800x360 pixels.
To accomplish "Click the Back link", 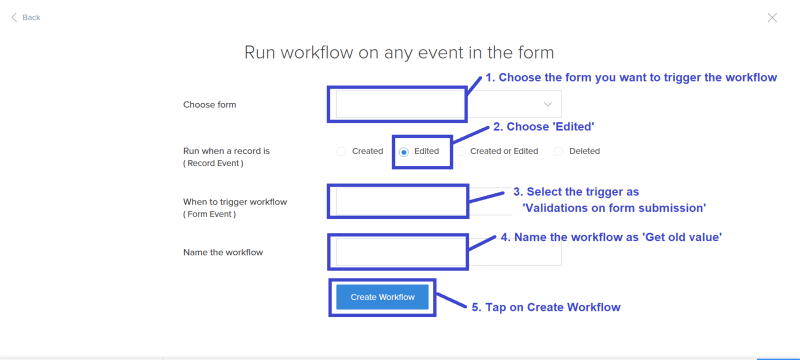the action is pyautogui.click(x=25, y=17).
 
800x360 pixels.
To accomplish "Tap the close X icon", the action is pyautogui.click(x=772, y=17).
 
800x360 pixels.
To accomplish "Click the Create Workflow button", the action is pyautogui.click(x=382, y=297).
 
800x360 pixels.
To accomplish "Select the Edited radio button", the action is pyautogui.click(x=404, y=152).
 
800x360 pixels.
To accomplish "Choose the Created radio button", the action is pyautogui.click(x=341, y=151).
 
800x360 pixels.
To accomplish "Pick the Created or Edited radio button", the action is pyautogui.click(x=460, y=151).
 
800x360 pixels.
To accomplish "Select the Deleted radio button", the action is pyautogui.click(x=558, y=151).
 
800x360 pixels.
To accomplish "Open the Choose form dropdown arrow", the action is pyautogui.click(x=547, y=104).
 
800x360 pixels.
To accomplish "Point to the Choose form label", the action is pyautogui.click(x=209, y=104).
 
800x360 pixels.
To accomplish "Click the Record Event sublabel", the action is pyautogui.click(x=213, y=163).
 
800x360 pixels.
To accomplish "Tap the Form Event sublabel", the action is pyautogui.click(x=209, y=214).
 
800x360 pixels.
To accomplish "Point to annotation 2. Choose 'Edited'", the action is pyautogui.click(x=543, y=127).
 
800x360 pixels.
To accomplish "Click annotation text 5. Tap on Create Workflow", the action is pyautogui.click(x=546, y=307).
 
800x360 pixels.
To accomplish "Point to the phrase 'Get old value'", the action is pyautogui.click(x=682, y=237).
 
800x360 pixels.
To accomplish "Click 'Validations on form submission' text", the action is pyautogui.click(x=614, y=208).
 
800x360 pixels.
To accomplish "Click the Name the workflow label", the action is pyautogui.click(x=223, y=252).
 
